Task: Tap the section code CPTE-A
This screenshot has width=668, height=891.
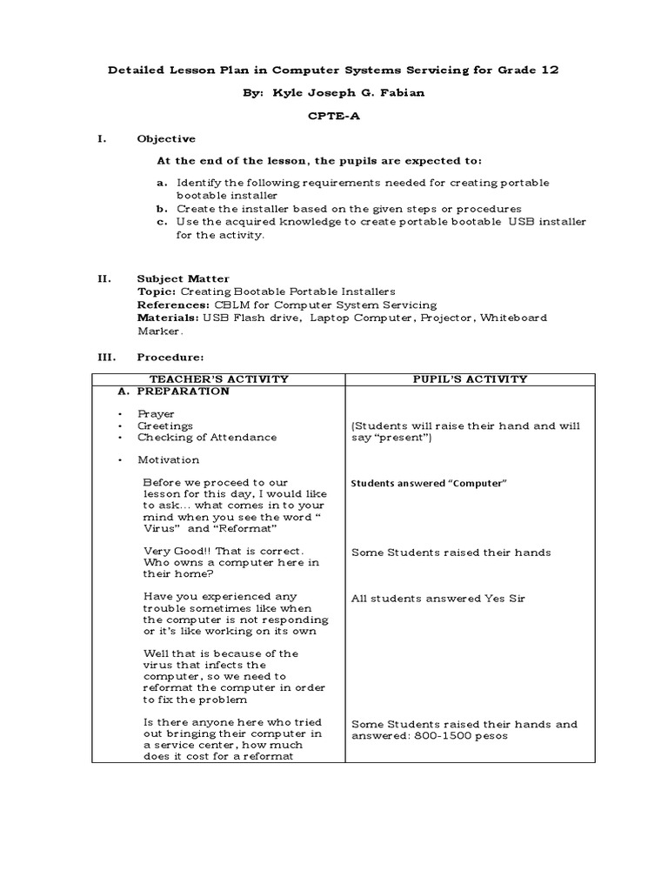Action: pos(334,117)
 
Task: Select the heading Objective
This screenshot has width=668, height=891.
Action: pos(166,139)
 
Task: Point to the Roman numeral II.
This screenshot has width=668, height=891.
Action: pos(104,279)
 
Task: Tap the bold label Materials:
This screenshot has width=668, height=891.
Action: pos(169,318)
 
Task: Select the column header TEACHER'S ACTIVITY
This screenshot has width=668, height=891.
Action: pos(218,379)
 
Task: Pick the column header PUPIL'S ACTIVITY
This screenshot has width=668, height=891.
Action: pos(470,379)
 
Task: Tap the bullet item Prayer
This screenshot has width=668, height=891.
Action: pos(156,414)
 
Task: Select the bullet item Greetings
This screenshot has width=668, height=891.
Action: pos(164,425)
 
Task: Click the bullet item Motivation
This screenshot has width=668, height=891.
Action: pos(168,459)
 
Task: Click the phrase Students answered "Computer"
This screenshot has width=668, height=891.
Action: pos(428,483)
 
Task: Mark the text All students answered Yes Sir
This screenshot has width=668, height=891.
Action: pos(438,598)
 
